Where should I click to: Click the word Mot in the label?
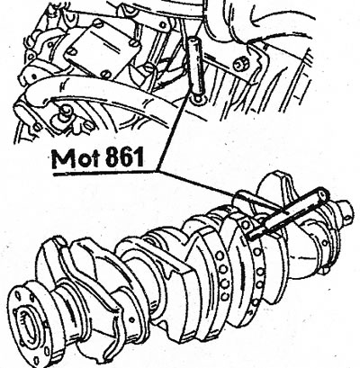coord(76,158)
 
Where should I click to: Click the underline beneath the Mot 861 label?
coord(104,173)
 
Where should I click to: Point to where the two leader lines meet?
coord(157,171)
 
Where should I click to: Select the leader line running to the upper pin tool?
coord(173,135)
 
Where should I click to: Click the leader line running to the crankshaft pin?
coord(197,184)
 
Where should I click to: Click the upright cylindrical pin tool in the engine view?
coord(195,69)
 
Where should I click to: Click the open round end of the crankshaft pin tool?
coord(322,194)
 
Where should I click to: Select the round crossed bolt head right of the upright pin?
coord(239,64)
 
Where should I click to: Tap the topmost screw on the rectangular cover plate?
coord(98,23)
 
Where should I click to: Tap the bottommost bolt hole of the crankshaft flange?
coord(36,361)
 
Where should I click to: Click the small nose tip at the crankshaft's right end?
coord(347,207)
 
